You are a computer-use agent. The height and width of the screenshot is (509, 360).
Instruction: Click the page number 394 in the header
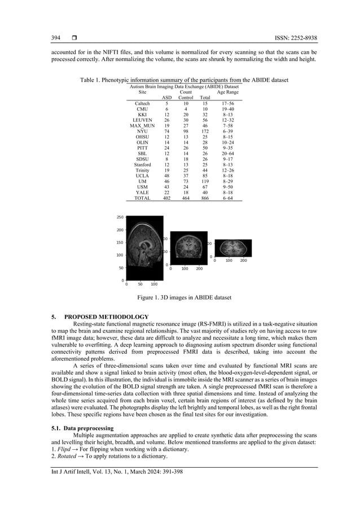coord(56,38)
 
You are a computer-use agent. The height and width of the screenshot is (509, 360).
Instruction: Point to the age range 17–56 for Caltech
coord(229,104)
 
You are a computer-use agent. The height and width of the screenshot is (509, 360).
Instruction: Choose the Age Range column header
coord(229,91)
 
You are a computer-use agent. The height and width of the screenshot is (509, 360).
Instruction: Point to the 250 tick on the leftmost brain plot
coord(120,217)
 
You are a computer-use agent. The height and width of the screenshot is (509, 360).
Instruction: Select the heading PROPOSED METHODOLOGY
coord(107,317)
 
